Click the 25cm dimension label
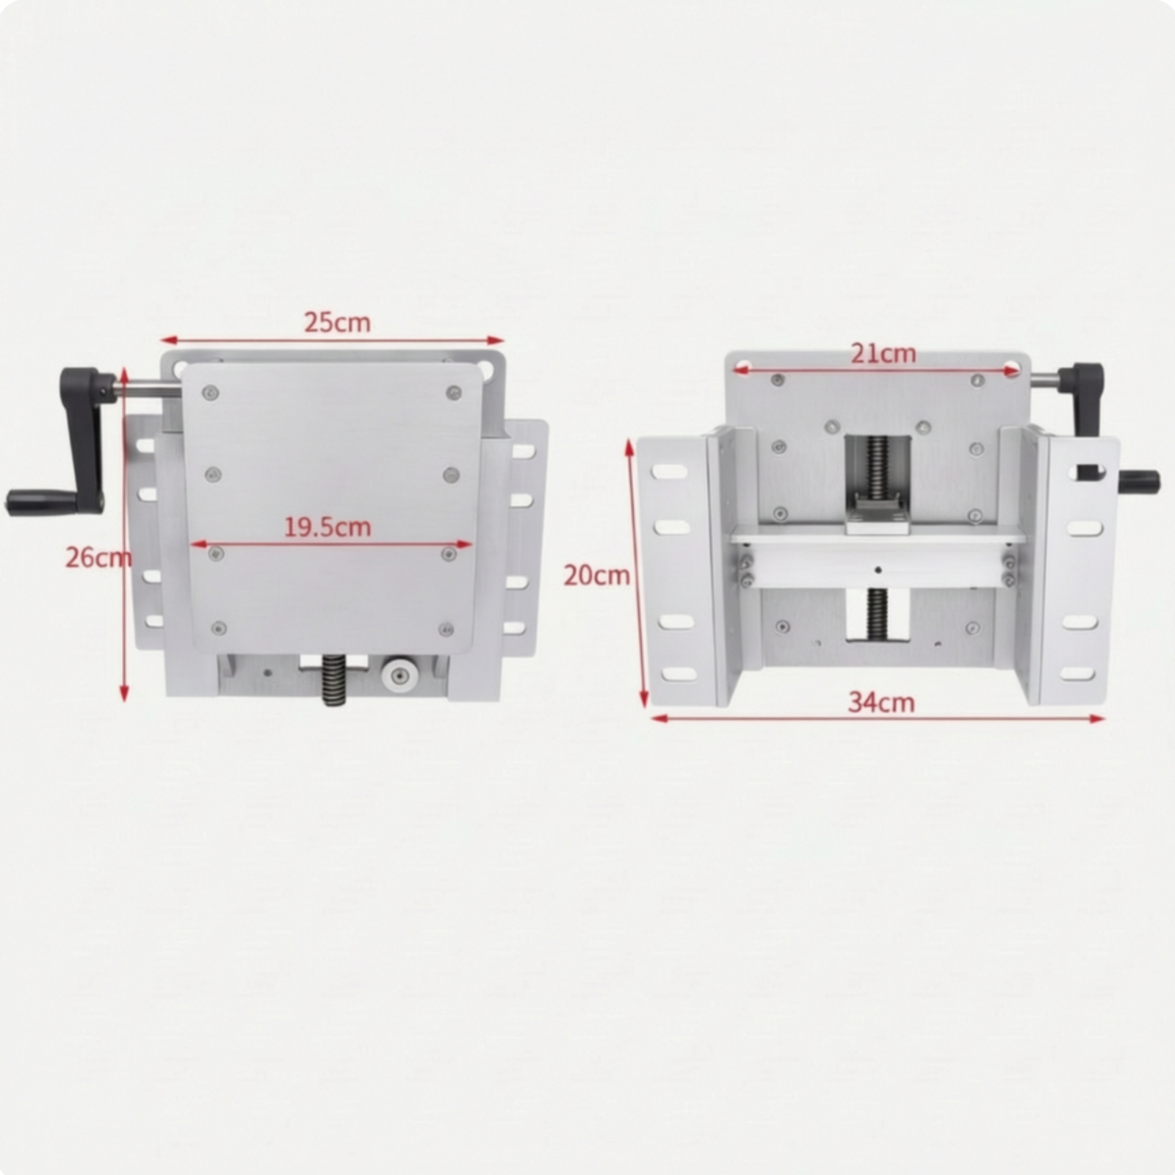pyautogui.click(x=337, y=322)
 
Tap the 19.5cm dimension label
pyautogui.click(x=328, y=527)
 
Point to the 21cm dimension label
pyautogui.click(x=883, y=354)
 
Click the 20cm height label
pyautogui.click(x=596, y=575)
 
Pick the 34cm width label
pyautogui.click(x=881, y=703)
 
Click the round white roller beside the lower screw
pyautogui.click(x=397, y=675)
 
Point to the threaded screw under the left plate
pyautogui.click(x=334, y=680)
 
